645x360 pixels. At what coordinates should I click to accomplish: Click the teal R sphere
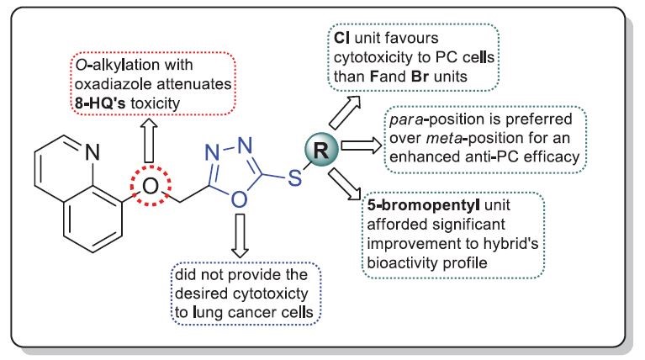click(x=322, y=151)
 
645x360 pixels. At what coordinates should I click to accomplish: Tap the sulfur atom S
click(x=295, y=177)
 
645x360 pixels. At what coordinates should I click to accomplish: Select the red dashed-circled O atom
click(x=151, y=186)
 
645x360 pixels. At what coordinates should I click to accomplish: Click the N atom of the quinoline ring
click(x=93, y=152)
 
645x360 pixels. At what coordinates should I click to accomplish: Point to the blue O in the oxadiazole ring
click(x=240, y=199)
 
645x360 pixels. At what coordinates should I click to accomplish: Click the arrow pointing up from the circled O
click(x=150, y=140)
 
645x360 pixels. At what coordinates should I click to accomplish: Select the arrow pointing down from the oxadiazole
click(x=240, y=236)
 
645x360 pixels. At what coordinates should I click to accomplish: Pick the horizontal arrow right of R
click(x=362, y=146)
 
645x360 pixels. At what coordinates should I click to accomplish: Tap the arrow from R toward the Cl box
click(x=345, y=113)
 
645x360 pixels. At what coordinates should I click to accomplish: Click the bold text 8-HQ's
click(x=100, y=103)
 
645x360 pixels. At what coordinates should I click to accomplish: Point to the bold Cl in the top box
click(x=341, y=38)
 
